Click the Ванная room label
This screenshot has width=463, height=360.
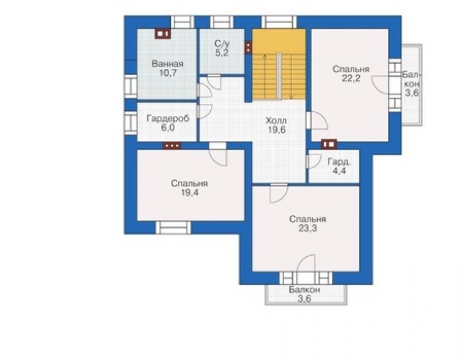(168, 63)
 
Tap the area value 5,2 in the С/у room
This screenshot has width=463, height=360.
(221, 53)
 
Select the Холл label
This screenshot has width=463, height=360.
(276, 121)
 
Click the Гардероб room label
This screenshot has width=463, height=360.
(168, 118)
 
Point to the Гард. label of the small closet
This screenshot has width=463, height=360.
(339, 162)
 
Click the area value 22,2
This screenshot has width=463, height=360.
(351, 78)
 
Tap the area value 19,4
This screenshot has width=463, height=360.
(190, 193)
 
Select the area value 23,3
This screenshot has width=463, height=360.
(308, 228)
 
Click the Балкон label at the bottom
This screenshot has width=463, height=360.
(305, 290)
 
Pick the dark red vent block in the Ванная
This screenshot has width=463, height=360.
(163, 34)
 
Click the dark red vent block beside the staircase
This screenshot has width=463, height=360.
(248, 48)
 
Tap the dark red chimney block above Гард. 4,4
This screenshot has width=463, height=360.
(329, 144)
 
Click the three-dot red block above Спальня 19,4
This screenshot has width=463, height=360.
(172, 146)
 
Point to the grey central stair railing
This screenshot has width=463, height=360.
(279, 76)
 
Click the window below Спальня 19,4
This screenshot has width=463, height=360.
(173, 228)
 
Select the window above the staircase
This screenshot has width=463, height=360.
(279, 22)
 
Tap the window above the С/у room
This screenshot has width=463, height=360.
(221, 22)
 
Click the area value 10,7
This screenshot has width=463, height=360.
(168, 73)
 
